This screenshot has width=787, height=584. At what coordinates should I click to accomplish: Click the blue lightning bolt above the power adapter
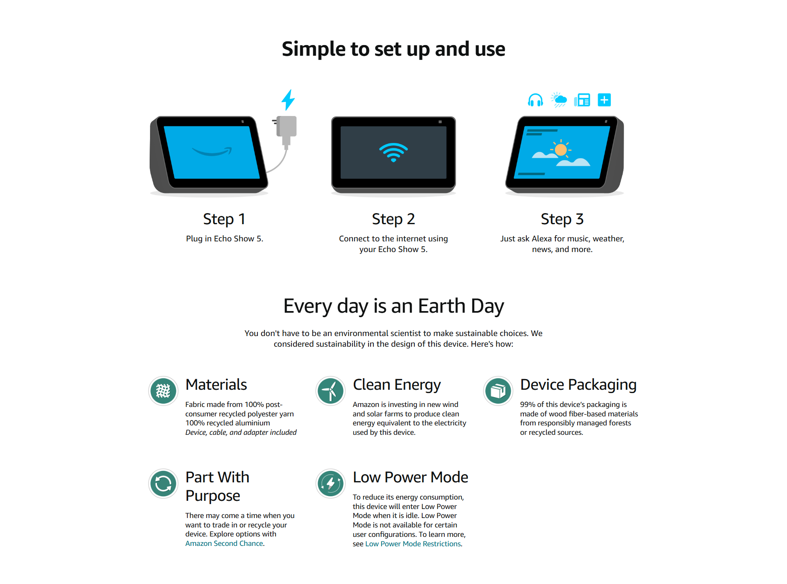pyautogui.click(x=288, y=100)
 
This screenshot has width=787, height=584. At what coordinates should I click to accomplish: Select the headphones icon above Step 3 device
pyautogui.click(x=535, y=100)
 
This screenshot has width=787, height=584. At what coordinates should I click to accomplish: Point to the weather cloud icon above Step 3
pyautogui.click(x=559, y=100)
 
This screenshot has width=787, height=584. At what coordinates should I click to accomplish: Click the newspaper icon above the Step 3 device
pyautogui.click(x=582, y=100)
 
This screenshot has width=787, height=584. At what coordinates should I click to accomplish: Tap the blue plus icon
pyautogui.click(x=604, y=100)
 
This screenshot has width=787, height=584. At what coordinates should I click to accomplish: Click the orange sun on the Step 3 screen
pyautogui.click(x=561, y=150)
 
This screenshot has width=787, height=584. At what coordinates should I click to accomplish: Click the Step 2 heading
pyautogui.click(x=393, y=219)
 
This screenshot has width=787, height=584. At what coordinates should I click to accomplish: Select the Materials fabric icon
pyautogui.click(x=163, y=391)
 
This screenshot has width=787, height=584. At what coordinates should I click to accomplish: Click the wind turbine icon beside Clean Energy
pyautogui.click(x=330, y=391)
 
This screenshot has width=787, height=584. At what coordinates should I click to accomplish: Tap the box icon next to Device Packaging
pyautogui.click(x=498, y=391)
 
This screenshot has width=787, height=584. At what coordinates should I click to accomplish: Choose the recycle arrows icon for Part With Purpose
pyautogui.click(x=163, y=484)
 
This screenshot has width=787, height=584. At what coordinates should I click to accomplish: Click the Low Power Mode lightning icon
pyautogui.click(x=330, y=484)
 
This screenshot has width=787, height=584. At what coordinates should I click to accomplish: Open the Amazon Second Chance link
pyautogui.click(x=224, y=543)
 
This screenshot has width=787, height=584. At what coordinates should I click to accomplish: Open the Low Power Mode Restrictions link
pyautogui.click(x=413, y=544)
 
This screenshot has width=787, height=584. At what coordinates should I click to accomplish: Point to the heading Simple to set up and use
pyautogui.click(x=393, y=49)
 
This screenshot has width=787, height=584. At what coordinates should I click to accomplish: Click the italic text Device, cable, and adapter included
pyautogui.click(x=241, y=432)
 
